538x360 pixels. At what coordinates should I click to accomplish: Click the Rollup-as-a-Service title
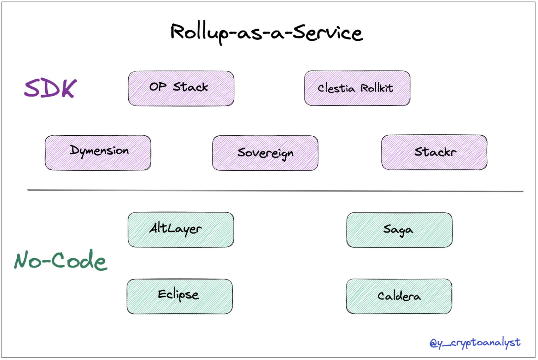(x=266, y=32)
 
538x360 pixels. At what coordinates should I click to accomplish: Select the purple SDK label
(x=50, y=88)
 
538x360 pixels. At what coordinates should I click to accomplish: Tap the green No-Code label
(x=61, y=260)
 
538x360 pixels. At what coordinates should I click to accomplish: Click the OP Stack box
(x=181, y=88)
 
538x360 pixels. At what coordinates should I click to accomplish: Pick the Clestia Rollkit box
(x=357, y=88)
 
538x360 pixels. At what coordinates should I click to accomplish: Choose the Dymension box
(x=98, y=153)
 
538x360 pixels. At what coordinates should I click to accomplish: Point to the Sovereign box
(x=265, y=153)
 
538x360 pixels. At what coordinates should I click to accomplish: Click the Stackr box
(x=434, y=152)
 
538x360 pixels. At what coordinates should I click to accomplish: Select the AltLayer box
(x=181, y=229)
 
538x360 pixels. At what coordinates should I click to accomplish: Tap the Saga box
(x=399, y=230)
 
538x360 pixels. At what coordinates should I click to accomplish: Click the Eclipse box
(x=180, y=296)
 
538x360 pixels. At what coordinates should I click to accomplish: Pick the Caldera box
(x=399, y=296)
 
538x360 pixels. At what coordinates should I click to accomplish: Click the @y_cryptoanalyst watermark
(x=475, y=343)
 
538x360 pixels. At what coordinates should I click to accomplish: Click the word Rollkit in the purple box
(x=377, y=88)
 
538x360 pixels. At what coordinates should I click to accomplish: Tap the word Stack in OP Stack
(x=190, y=87)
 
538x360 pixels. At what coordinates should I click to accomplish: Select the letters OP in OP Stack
(x=158, y=86)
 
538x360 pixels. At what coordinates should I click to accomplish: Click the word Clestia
(x=336, y=88)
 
